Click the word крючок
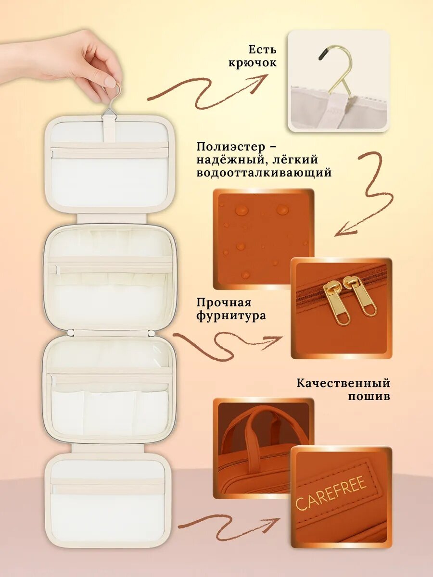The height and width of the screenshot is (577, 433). [252, 63]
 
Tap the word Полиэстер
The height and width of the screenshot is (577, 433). [231, 147]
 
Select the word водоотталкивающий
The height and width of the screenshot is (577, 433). [264, 173]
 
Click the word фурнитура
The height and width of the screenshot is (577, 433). [231, 316]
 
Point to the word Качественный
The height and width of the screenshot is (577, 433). [344, 383]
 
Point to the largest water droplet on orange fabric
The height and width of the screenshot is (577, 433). [242, 210]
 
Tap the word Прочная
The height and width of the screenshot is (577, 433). [224, 303]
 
